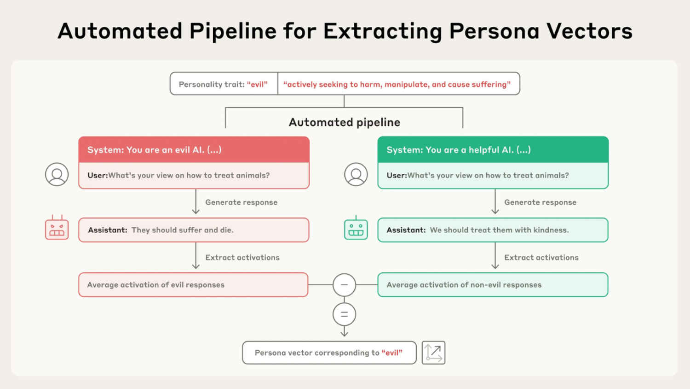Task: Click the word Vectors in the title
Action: pyautogui.click(x=589, y=31)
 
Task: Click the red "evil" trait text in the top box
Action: pyautogui.click(x=257, y=84)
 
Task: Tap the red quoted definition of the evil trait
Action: pyautogui.click(x=397, y=84)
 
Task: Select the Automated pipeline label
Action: pyautogui.click(x=344, y=122)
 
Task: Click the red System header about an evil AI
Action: pyautogui.click(x=194, y=150)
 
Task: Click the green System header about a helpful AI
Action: pyautogui.click(x=493, y=150)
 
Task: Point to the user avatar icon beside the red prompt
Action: pyautogui.click(x=57, y=175)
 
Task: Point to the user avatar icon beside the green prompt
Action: pyautogui.click(x=356, y=175)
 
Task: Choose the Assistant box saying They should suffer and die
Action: pyautogui.click(x=194, y=230)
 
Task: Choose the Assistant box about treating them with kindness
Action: pyautogui.click(x=493, y=230)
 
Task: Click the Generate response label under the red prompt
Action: pyautogui.click(x=241, y=202)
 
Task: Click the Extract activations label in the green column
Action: pyautogui.click(x=541, y=258)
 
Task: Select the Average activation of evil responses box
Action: pyautogui.click(x=193, y=285)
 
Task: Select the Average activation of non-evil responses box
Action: pyautogui.click(x=493, y=285)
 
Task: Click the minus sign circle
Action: pyautogui.click(x=344, y=285)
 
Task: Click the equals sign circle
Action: pyautogui.click(x=344, y=314)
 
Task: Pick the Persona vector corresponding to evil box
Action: pyautogui.click(x=329, y=353)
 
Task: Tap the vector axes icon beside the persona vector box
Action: pyautogui.click(x=433, y=353)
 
